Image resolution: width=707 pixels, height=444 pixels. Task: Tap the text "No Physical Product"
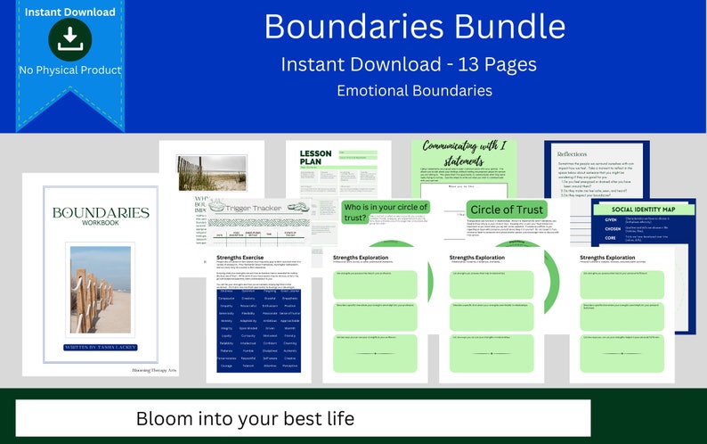coord(69,70)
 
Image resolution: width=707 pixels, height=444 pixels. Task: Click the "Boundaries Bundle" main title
coord(414,27)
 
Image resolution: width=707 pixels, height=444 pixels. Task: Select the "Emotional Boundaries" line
coord(414,90)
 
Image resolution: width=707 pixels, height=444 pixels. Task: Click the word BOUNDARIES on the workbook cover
coord(101,213)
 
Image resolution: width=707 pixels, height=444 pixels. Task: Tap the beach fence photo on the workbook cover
coord(101,288)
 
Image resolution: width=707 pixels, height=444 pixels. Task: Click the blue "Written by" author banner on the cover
coord(101,345)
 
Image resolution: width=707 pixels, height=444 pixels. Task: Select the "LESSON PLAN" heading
coord(315,159)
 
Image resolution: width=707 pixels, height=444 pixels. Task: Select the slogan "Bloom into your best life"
coord(245,417)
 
